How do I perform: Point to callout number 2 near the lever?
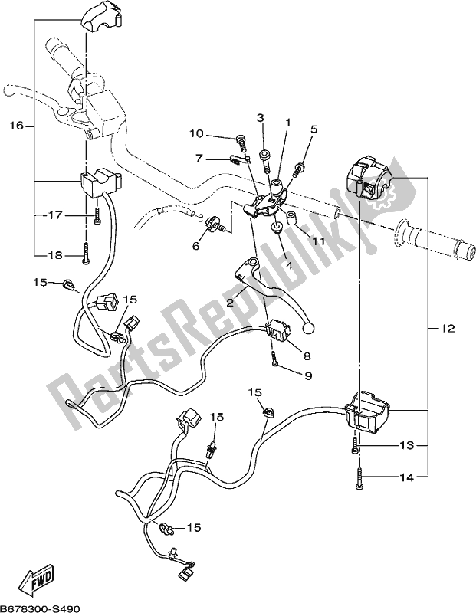[x=229, y=303]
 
